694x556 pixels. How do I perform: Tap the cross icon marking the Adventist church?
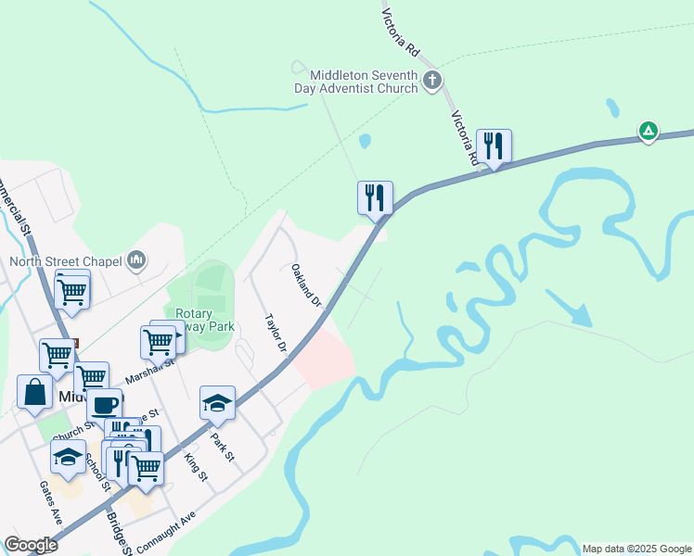(x=431, y=81)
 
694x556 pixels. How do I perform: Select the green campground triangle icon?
(x=649, y=131)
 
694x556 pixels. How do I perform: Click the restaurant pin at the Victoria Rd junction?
(x=493, y=146)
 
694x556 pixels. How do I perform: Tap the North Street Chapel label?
(x=67, y=260)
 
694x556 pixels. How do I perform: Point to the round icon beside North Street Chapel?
(x=137, y=260)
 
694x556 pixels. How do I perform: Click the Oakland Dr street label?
(x=305, y=286)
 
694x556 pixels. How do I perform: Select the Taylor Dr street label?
(x=276, y=333)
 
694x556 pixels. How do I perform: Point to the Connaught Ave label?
(x=167, y=532)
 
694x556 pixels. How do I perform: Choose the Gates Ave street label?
(x=50, y=502)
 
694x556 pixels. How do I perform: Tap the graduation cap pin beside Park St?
(x=217, y=403)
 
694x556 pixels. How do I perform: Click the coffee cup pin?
(x=105, y=405)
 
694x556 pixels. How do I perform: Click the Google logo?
(x=31, y=545)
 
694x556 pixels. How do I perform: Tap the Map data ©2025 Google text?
(x=636, y=549)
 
